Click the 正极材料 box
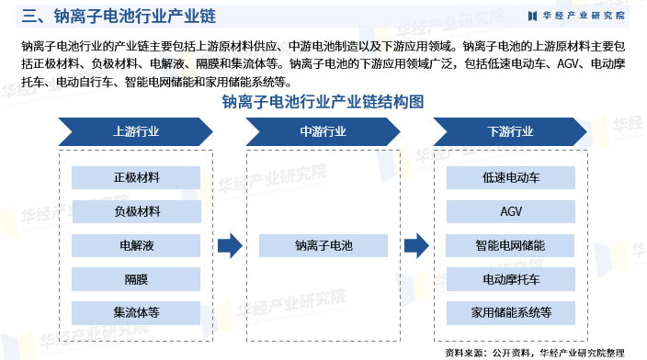(136, 178)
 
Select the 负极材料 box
(136, 212)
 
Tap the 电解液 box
(136, 245)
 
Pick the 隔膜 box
(136, 279)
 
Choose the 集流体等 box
(136, 312)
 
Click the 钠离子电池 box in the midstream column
(323, 245)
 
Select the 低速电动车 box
(511, 178)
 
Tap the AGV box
(511, 212)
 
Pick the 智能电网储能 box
(511, 245)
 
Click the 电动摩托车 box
(511, 279)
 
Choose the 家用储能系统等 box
(511, 312)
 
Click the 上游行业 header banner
(136, 131)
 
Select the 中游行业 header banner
(323, 131)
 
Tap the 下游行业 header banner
(511, 131)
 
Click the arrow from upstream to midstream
(230, 245)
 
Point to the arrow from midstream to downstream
(417, 245)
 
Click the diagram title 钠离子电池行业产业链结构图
(323, 102)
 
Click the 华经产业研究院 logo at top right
(576, 15)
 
